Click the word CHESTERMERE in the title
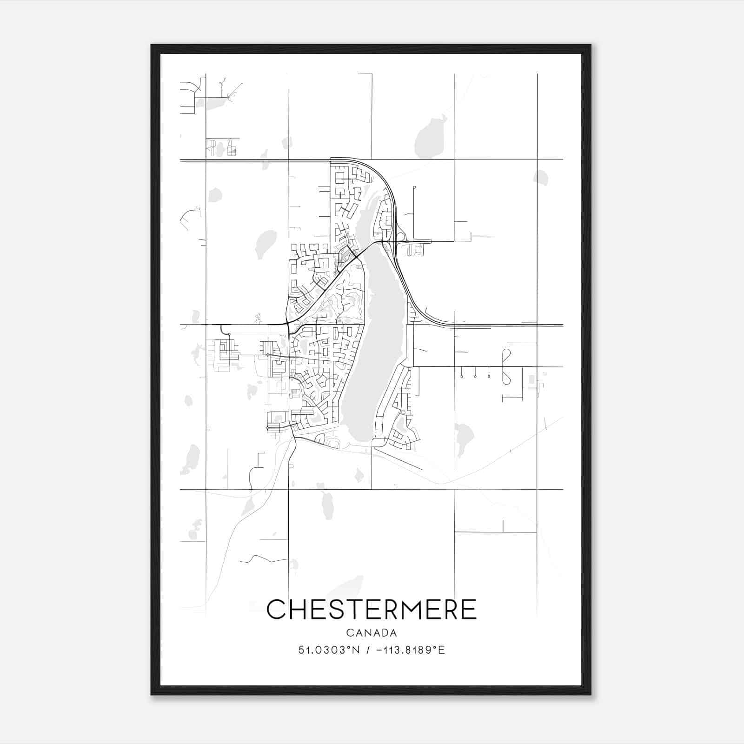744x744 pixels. tap(372, 609)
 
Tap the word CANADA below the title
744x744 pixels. tap(372, 633)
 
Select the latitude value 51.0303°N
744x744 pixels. tap(329, 650)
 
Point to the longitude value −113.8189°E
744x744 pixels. tap(410, 650)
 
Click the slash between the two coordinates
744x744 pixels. tap(368, 650)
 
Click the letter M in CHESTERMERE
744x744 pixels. tap(410, 609)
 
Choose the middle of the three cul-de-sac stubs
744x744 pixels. tap(475, 375)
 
